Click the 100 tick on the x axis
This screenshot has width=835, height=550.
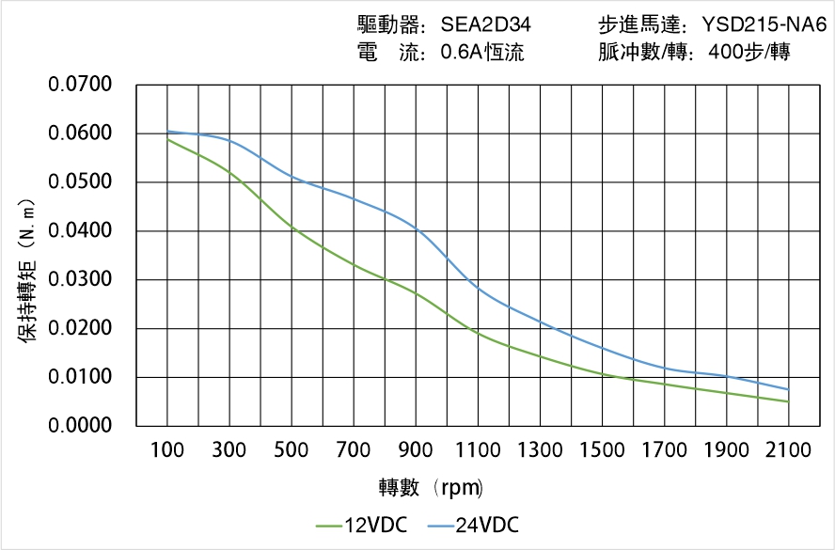(167, 450)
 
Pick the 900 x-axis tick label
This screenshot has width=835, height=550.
(416, 450)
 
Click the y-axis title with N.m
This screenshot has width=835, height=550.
(27, 271)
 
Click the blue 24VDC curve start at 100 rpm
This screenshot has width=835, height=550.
(167, 132)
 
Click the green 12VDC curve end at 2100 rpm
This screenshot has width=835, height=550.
(788, 401)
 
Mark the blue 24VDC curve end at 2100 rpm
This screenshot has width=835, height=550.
(788, 389)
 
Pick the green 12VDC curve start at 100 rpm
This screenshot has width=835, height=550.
(167, 139)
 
